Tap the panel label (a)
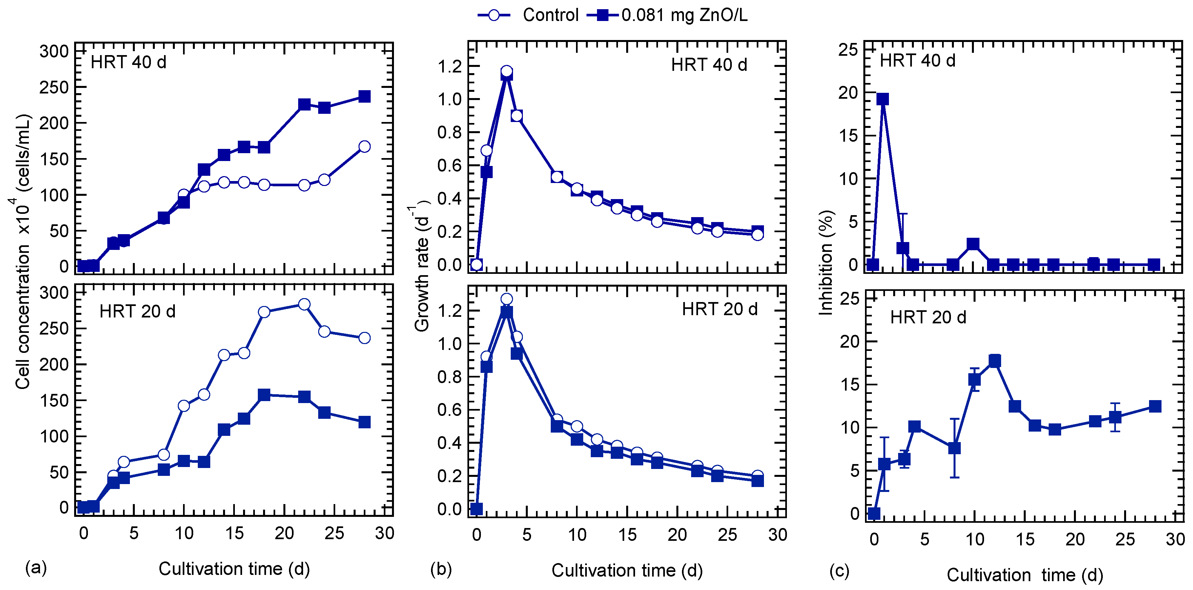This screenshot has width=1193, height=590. [x=36, y=567]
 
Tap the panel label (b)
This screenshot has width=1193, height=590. [x=441, y=569]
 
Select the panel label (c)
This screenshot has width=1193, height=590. [x=839, y=571]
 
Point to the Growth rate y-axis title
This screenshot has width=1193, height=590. [x=422, y=266]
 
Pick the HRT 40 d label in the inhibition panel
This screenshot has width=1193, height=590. [x=917, y=61]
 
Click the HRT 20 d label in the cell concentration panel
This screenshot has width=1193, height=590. [x=137, y=311]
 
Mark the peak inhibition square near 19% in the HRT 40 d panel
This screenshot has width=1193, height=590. [x=883, y=99]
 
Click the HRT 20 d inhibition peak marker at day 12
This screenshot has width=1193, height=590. [x=994, y=361]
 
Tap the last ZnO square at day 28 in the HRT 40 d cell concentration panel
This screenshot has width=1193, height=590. [x=364, y=96]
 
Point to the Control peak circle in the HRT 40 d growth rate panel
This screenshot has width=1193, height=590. [x=507, y=71]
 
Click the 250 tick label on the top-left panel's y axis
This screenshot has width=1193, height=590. [x=54, y=87]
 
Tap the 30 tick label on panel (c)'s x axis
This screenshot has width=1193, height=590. [x=1175, y=539]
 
